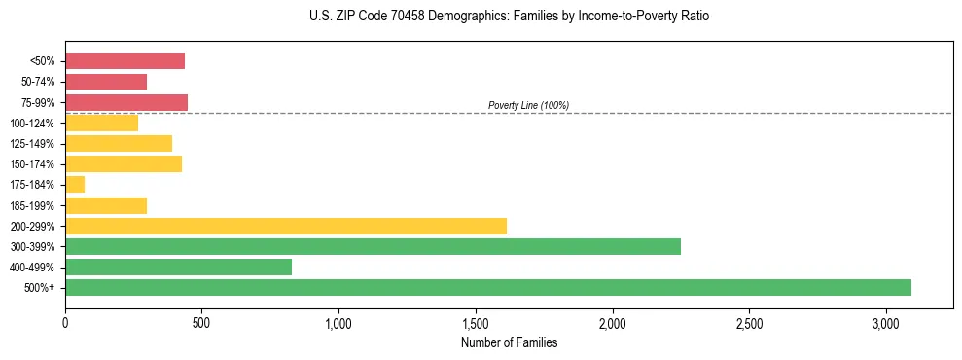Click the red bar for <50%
125,61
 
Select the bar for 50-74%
106,82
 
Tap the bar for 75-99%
126,102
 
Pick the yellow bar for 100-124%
102,123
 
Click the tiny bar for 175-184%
75,184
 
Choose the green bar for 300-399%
373,246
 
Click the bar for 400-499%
178,267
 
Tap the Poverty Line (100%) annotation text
528,105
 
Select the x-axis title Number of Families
510,342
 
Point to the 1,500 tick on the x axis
476,322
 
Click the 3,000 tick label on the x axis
886,322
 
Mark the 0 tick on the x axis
65,322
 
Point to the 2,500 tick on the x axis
749,322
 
